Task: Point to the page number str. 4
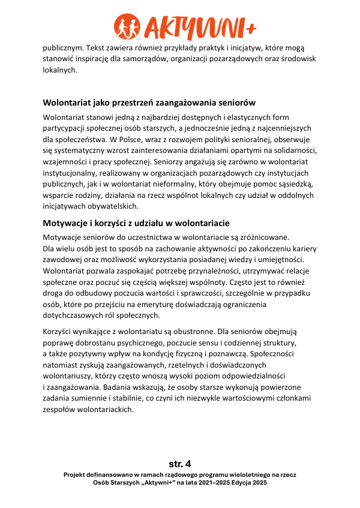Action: [x=180, y=464]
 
